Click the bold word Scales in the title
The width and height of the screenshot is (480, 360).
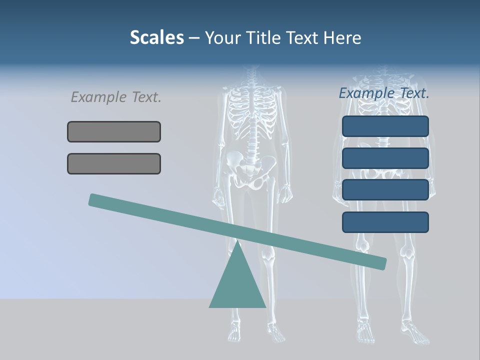[156, 37]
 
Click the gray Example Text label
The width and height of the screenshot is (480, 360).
[116, 97]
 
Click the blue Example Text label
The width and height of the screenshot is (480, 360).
[384, 93]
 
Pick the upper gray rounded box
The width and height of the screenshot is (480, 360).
[114, 131]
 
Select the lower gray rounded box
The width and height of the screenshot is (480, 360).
[114, 163]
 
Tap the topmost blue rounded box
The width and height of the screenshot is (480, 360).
[385, 126]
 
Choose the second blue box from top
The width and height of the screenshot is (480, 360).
[385, 158]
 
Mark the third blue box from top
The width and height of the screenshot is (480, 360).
[385, 190]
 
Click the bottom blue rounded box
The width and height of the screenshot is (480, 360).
[385, 222]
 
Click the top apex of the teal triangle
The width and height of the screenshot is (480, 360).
[237, 242]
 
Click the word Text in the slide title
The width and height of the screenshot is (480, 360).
[301, 38]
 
